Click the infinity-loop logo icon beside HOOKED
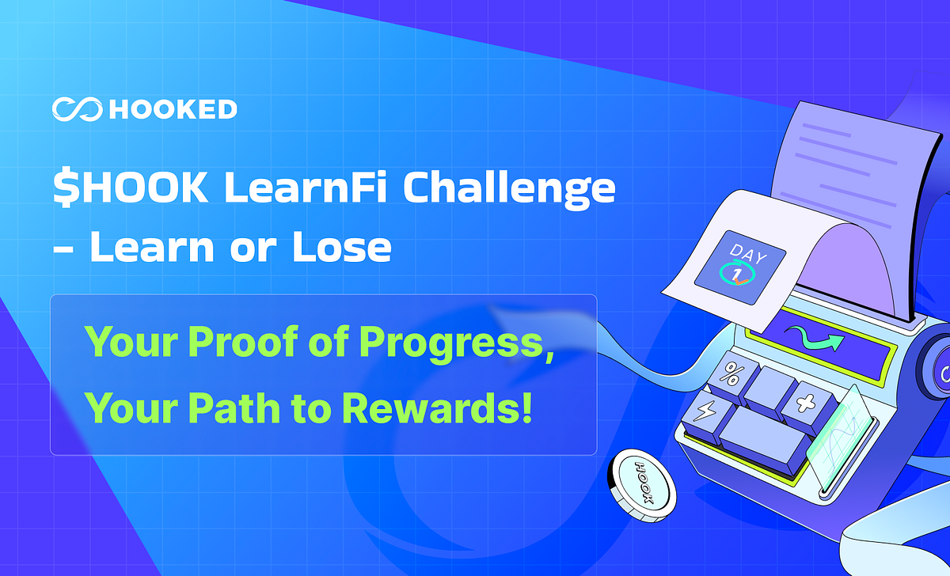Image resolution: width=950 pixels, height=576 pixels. (x=76, y=109)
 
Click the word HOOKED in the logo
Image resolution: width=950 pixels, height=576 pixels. (x=173, y=109)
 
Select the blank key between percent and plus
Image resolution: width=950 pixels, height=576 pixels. (x=769, y=388)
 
